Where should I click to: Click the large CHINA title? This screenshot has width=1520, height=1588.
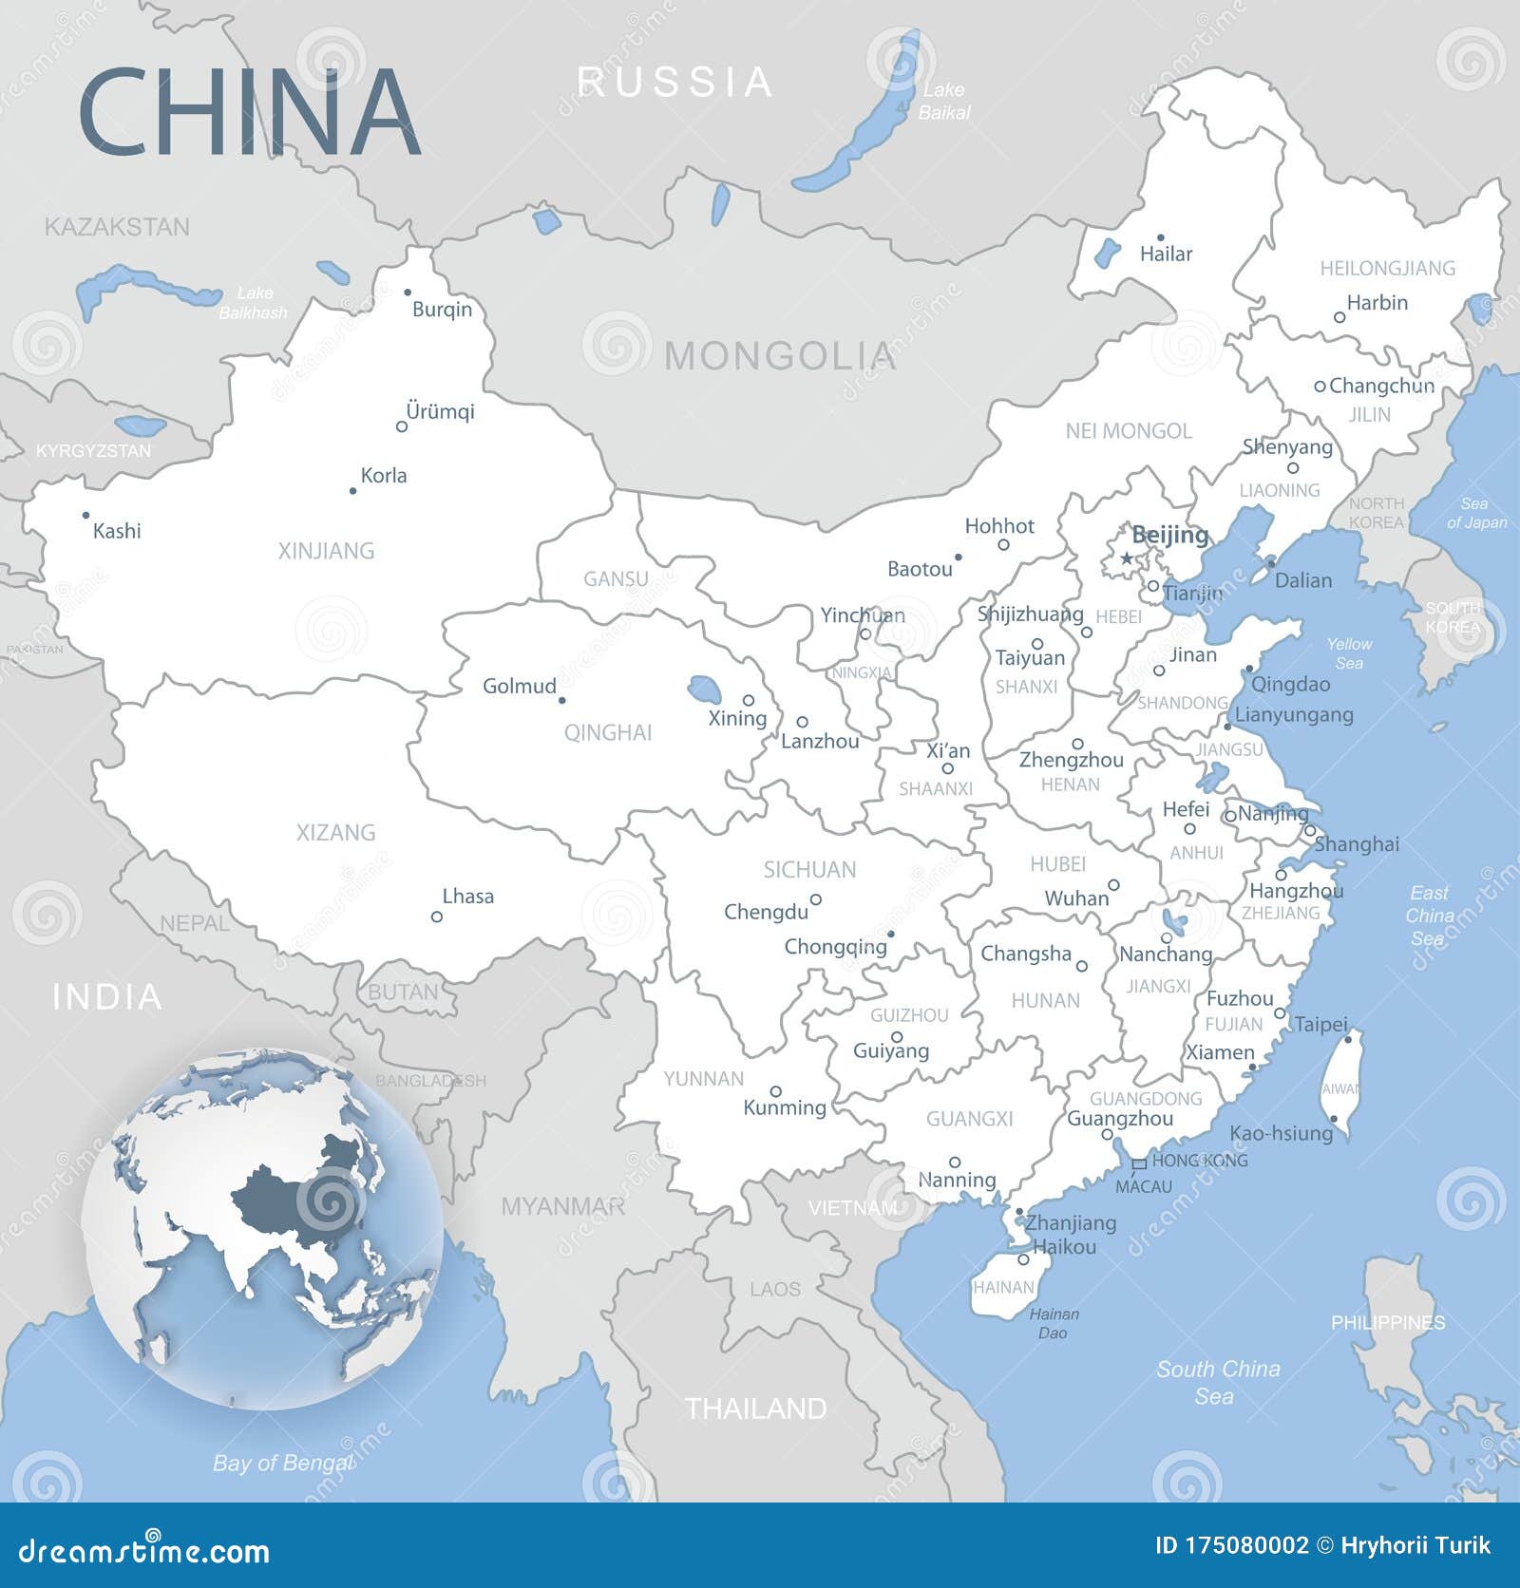249,111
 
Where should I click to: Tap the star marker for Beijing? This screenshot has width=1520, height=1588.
1128,558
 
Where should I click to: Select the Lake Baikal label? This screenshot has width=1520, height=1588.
944,101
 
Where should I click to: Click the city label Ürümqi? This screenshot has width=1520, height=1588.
439,411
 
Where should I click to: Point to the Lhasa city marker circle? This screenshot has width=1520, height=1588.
437,917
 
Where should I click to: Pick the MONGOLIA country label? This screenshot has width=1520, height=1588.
779,356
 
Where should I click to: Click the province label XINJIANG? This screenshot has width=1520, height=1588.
326,551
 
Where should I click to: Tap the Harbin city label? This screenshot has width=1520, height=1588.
1377,302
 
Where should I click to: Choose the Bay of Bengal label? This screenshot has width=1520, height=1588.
282,1463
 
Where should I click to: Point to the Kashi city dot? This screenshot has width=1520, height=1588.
85,516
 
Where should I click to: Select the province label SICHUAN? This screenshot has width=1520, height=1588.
809,869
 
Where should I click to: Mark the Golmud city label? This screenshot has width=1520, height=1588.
519,686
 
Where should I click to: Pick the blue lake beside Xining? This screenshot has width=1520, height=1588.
704,688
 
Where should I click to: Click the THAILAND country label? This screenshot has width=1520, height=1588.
756,1408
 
